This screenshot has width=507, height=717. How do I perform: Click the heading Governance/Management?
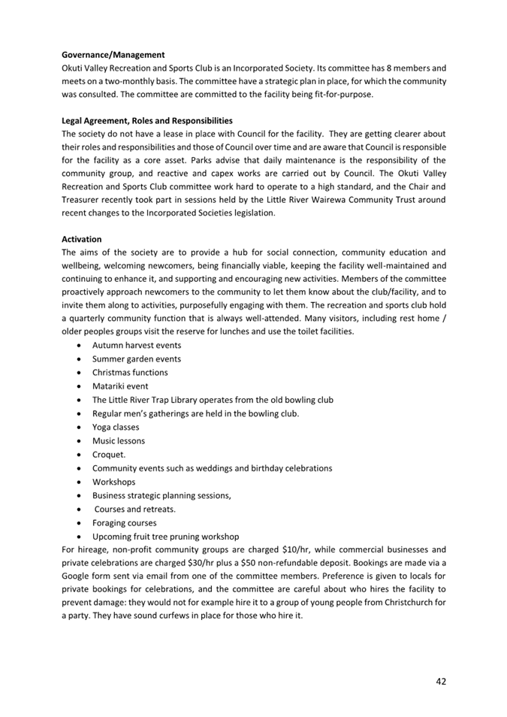[113, 55]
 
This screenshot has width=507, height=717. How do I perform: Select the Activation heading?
[81, 239]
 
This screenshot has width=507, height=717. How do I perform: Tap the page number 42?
[441, 681]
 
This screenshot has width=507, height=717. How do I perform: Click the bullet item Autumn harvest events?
[136, 345]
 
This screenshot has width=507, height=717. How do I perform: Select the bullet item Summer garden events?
[136, 358]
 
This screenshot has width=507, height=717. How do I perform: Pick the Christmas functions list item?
[130, 372]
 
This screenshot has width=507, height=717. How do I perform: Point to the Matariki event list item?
[120, 386]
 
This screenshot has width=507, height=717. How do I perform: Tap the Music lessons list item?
[119, 440]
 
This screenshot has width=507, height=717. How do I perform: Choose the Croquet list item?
[109, 455]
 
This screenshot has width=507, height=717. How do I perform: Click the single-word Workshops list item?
[114, 482]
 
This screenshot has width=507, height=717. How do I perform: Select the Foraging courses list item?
[125, 522]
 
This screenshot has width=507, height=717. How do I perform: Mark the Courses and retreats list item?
[134, 509]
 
